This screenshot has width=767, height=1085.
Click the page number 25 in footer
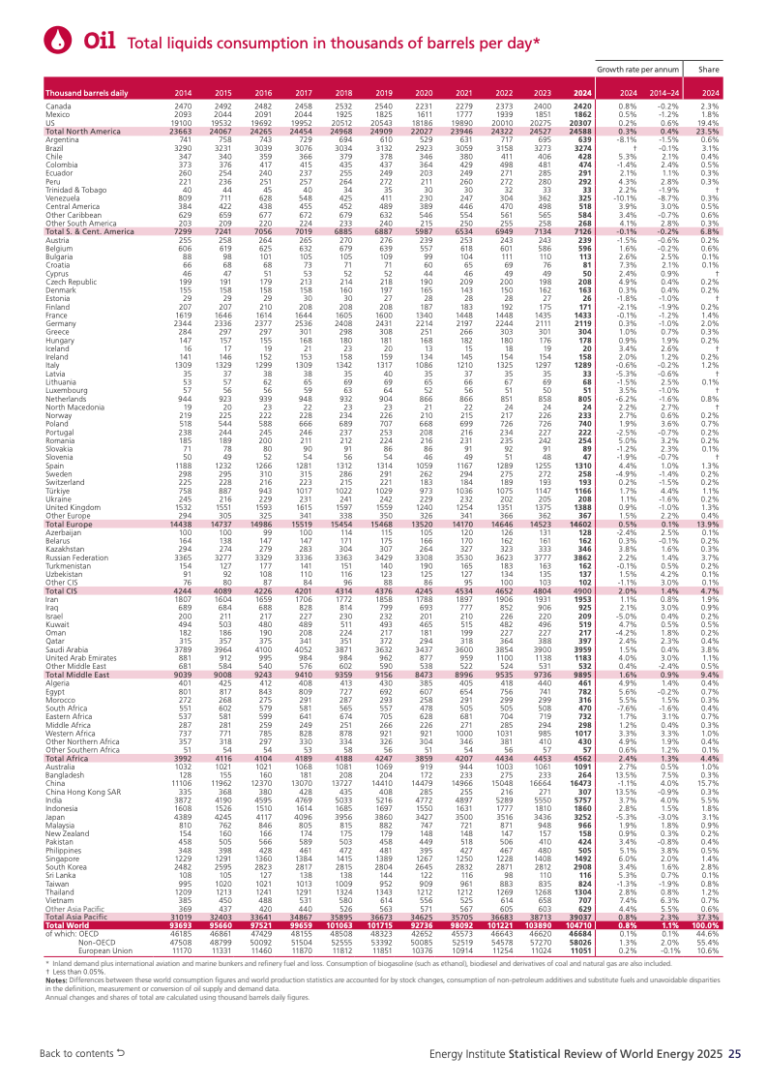(x=734, y=1053)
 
